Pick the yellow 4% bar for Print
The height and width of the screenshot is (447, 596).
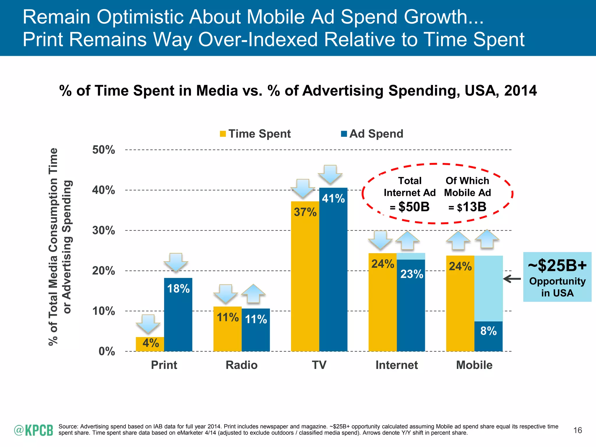(x=150, y=344)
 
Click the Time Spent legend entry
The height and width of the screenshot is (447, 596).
(x=256, y=134)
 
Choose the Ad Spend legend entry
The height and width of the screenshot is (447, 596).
(x=372, y=134)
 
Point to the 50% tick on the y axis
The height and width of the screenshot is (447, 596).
(x=104, y=150)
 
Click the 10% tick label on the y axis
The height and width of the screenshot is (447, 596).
(x=104, y=311)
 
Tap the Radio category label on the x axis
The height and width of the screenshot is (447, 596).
(x=242, y=365)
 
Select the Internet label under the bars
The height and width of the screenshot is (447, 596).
(x=396, y=365)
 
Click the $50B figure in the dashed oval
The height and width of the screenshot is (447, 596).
(x=414, y=207)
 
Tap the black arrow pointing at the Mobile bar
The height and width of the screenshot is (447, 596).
(x=512, y=279)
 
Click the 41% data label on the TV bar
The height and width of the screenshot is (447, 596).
(x=333, y=199)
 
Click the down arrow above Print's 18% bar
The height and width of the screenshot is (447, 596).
(x=176, y=262)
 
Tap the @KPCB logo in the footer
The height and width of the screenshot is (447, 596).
(x=33, y=430)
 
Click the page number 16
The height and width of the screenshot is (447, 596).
(x=578, y=430)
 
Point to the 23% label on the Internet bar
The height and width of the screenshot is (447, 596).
(x=411, y=274)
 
